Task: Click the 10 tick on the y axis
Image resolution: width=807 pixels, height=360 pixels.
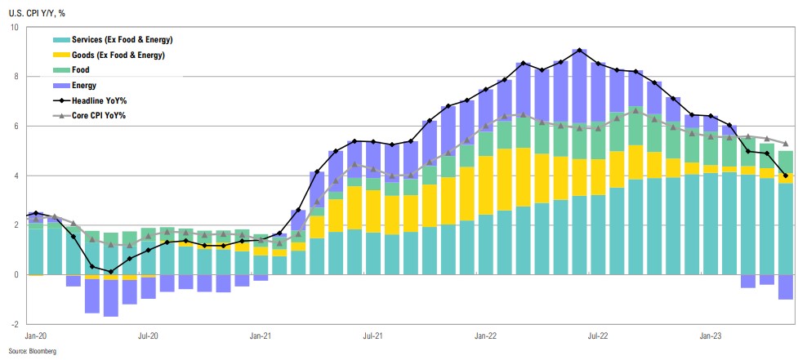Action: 15,28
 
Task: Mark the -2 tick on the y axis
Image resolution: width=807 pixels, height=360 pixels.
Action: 15,324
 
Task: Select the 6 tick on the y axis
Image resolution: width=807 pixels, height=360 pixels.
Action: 16,127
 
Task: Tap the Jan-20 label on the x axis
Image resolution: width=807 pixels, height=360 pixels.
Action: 35,336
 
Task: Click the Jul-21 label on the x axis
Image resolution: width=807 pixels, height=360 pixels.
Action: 373,336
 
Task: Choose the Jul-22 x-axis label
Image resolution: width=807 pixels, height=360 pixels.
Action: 599,336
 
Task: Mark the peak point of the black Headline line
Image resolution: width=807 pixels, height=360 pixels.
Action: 579,51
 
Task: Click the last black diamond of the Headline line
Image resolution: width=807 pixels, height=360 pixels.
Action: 786,176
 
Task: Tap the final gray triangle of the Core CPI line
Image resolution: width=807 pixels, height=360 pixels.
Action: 786,144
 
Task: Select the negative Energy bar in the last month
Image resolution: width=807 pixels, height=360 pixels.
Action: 786,287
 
